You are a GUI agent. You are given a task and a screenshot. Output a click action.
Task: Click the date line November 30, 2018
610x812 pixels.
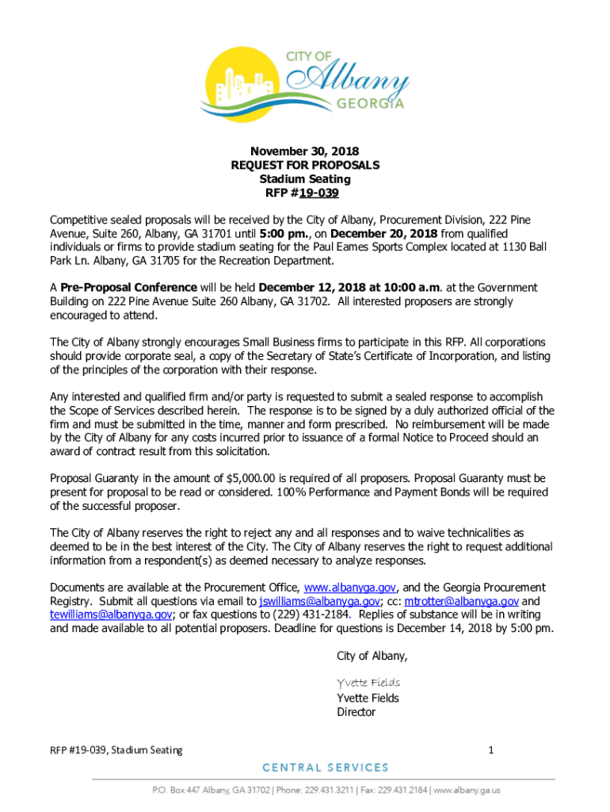305,151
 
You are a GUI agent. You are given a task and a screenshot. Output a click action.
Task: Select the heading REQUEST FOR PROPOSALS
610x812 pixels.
305,165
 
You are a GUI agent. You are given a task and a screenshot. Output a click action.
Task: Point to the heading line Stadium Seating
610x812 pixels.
305,179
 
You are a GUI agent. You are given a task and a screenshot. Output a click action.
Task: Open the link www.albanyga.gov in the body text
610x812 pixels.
349,588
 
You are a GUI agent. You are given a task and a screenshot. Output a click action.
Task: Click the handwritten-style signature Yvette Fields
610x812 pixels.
368,683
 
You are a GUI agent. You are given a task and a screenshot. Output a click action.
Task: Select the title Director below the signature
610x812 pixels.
356,712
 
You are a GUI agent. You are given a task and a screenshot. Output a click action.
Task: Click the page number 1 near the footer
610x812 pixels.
491,750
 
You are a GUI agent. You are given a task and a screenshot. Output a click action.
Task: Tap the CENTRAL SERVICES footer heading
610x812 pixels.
326,768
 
